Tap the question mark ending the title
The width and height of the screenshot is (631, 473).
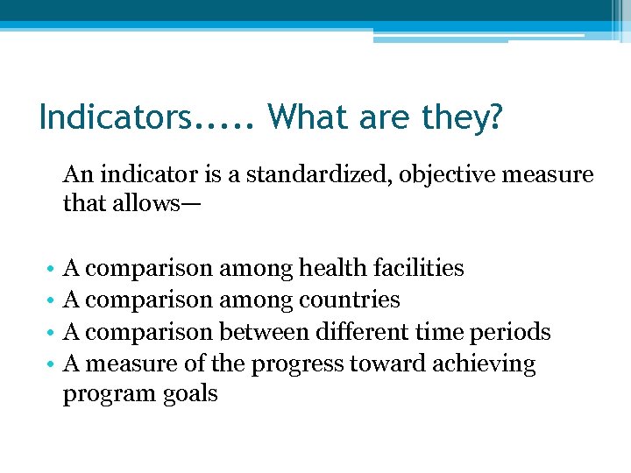pyautogui.click(x=498, y=116)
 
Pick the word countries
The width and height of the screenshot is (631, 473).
pyautogui.click(x=350, y=300)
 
